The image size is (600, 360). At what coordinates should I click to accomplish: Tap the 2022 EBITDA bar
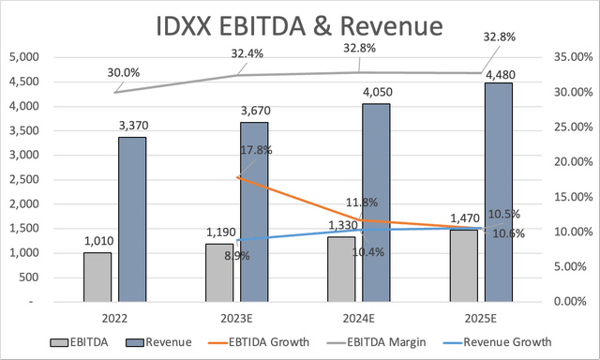[x=97, y=277]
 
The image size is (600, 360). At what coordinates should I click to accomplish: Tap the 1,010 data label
[x=97, y=242]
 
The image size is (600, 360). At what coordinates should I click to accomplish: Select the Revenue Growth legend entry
[x=510, y=342]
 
